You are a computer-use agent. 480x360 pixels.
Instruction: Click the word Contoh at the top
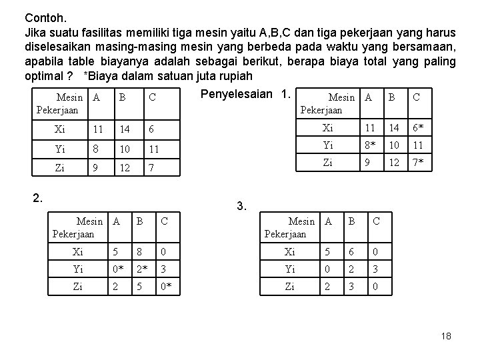[43, 17]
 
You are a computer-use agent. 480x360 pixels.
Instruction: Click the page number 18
[446, 337]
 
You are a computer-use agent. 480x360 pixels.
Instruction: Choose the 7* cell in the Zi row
[419, 162]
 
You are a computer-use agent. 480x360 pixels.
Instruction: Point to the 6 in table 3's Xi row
[349, 253]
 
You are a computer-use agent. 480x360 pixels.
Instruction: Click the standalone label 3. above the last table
[242, 207]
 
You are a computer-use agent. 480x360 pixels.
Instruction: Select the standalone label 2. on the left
[39, 196]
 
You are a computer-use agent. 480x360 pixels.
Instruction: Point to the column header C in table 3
[376, 221]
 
